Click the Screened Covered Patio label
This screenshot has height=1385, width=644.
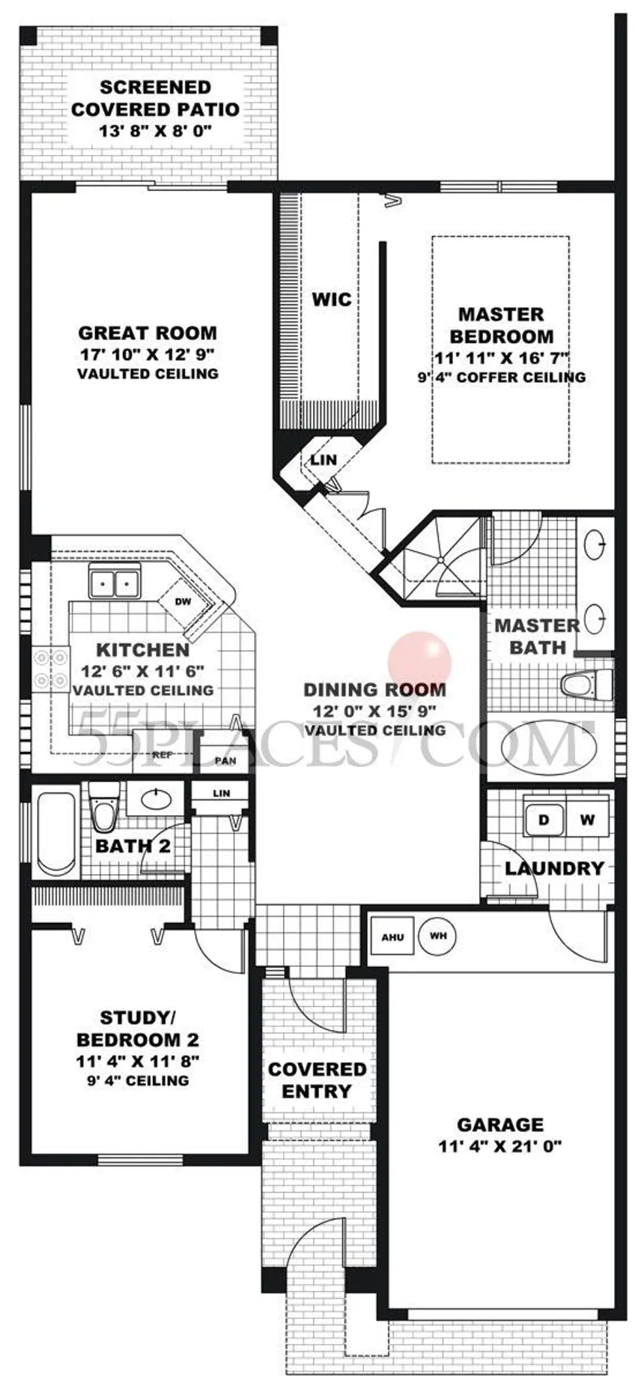click(155, 98)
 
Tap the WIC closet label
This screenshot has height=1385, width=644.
click(331, 300)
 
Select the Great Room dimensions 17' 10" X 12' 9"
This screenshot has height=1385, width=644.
click(148, 354)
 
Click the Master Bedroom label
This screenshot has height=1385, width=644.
click(501, 325)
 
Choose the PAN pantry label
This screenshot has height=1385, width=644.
click(225, 761)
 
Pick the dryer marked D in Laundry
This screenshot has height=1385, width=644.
click(544, 819)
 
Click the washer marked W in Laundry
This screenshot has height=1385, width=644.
click(587, 819)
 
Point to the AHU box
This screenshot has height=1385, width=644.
click(392, 937)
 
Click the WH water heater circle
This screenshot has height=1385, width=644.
click(438, 936)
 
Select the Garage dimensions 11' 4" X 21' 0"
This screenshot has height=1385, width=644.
click(500, 1145)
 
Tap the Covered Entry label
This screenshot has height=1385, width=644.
click(318, 1079)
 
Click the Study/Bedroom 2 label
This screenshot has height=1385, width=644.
click(138, 1028)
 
